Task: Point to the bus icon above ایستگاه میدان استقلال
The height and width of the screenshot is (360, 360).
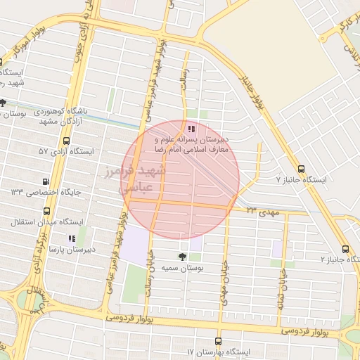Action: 46,210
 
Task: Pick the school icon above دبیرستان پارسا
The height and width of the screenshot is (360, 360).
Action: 70,238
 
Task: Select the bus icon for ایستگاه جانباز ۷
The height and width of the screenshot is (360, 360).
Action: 302,169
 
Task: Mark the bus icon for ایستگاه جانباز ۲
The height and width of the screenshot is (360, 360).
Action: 345,248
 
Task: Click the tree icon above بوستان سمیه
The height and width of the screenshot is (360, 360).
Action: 183,257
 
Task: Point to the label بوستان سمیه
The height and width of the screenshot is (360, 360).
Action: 182,268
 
